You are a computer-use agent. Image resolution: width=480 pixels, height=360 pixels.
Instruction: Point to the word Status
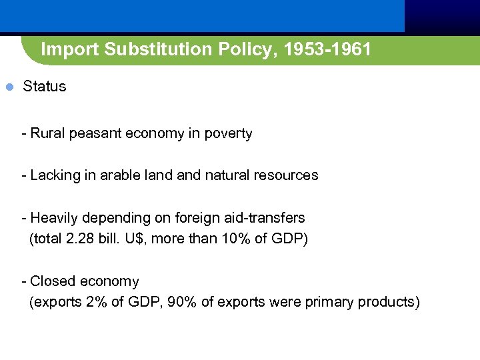[x=45, y=87]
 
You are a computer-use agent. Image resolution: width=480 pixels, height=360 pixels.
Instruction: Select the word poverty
[x=229, y=133]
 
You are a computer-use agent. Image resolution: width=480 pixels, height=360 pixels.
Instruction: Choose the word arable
[x=121, y=175]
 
